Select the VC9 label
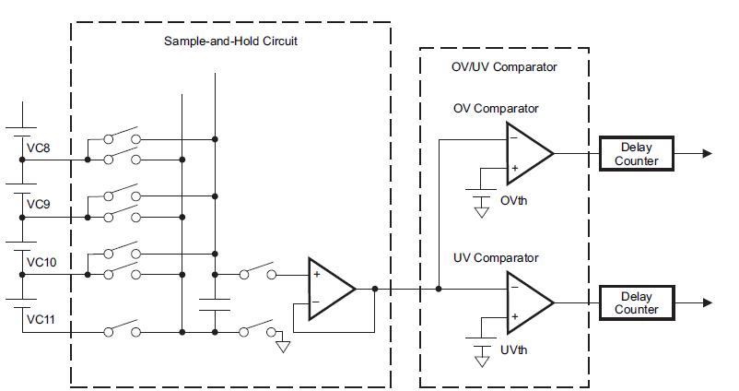38,204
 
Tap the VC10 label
41,262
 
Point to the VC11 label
41,319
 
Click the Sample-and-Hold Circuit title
230,41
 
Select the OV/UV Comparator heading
503,67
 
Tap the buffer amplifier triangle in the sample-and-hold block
329,288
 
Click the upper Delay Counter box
637,154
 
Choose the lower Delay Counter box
637,303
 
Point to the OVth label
513,201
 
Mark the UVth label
513,351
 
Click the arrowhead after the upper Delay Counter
706,154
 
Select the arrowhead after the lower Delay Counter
706,303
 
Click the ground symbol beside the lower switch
283,347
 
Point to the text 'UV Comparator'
496,258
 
